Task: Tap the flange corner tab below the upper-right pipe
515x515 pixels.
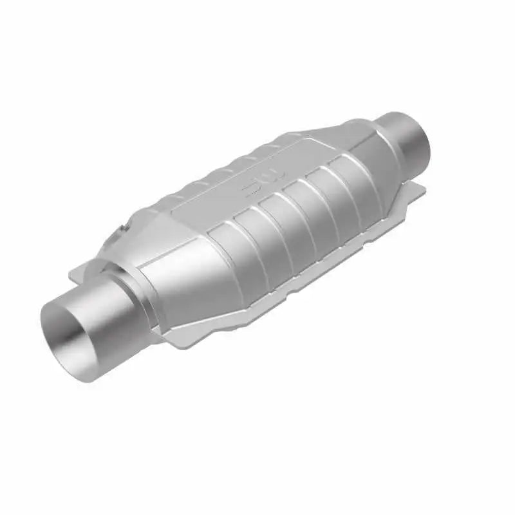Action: pyautogui.click(x=415, y=187)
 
